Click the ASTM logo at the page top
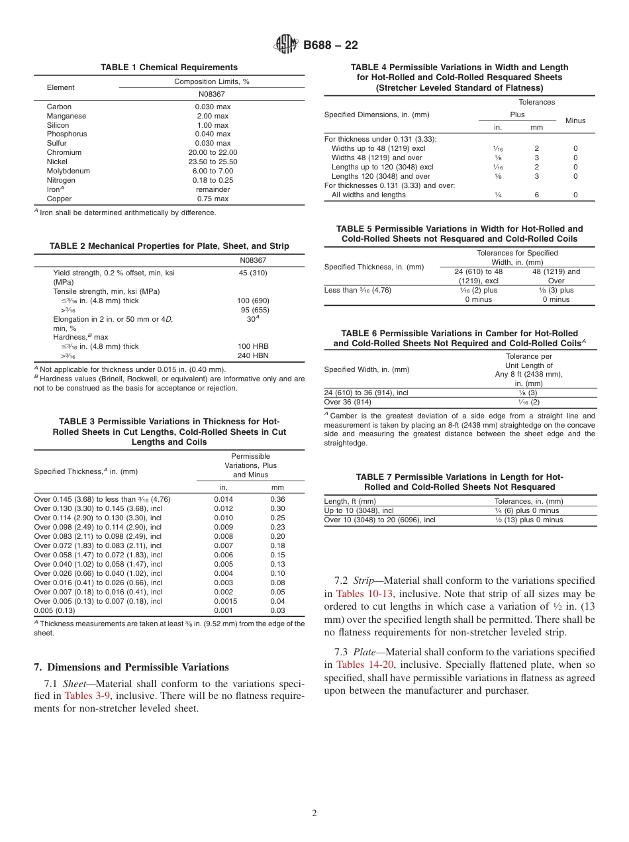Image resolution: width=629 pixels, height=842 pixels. [286, 45]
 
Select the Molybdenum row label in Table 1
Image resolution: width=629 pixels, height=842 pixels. [68, 171]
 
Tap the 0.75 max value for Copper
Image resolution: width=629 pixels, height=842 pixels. [213, 199]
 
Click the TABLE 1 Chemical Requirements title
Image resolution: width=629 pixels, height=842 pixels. [169, 68]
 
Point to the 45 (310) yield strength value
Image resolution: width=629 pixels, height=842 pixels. [253, 273]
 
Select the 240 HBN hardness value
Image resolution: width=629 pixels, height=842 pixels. [253, 355]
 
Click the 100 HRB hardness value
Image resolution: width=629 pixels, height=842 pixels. [253, 346]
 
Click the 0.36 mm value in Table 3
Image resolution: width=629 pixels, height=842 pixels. [277, 499]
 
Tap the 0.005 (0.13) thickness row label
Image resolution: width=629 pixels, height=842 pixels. [54, 610]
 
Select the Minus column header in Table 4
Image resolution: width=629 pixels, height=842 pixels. [575, 120]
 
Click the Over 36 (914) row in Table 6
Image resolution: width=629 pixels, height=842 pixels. [348, 402]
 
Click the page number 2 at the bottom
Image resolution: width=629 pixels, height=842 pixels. [314, 814]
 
